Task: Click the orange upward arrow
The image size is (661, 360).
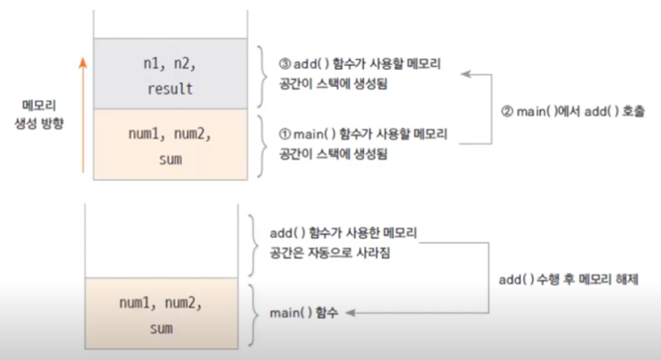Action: click(x=83, y=116)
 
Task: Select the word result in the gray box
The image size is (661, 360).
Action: click(x=170, y=89)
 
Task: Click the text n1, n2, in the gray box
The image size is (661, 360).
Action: click(x=170, y=64)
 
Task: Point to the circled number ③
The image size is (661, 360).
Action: click(x=284, y=64)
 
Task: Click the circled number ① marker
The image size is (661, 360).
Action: click(x=285, y=135)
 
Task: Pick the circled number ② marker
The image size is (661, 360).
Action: click(x=507, y=112)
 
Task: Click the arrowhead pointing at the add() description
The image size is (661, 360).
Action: click(x=464, y=74)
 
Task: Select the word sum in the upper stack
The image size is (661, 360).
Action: click(x=170, y=159)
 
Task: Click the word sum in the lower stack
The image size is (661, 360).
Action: click(x=161, y=328)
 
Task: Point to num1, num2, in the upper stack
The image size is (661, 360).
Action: click(x=170, y=135)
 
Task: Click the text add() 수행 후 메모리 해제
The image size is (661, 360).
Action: click(x=569, y=280)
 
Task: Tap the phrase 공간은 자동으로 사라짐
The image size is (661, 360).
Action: click(x=330, y=252)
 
